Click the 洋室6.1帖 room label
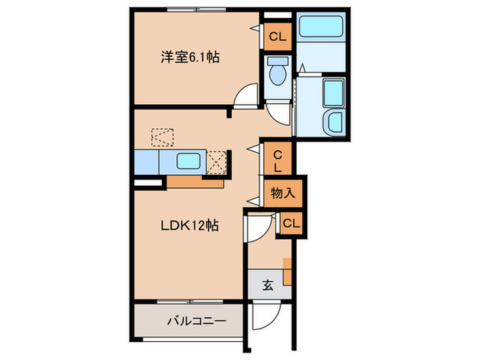[x=190, y=58]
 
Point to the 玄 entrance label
[x=267, y=285]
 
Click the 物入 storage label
[x=283, y=193]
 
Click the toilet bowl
[x=278, y=73]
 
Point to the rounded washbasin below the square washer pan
[x=335, y=123]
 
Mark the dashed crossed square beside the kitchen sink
[x=217, y=163]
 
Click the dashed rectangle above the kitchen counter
[x=163, y=137]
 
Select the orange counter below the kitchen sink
[x=195, y=182]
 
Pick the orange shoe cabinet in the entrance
[x=287, y=272]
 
